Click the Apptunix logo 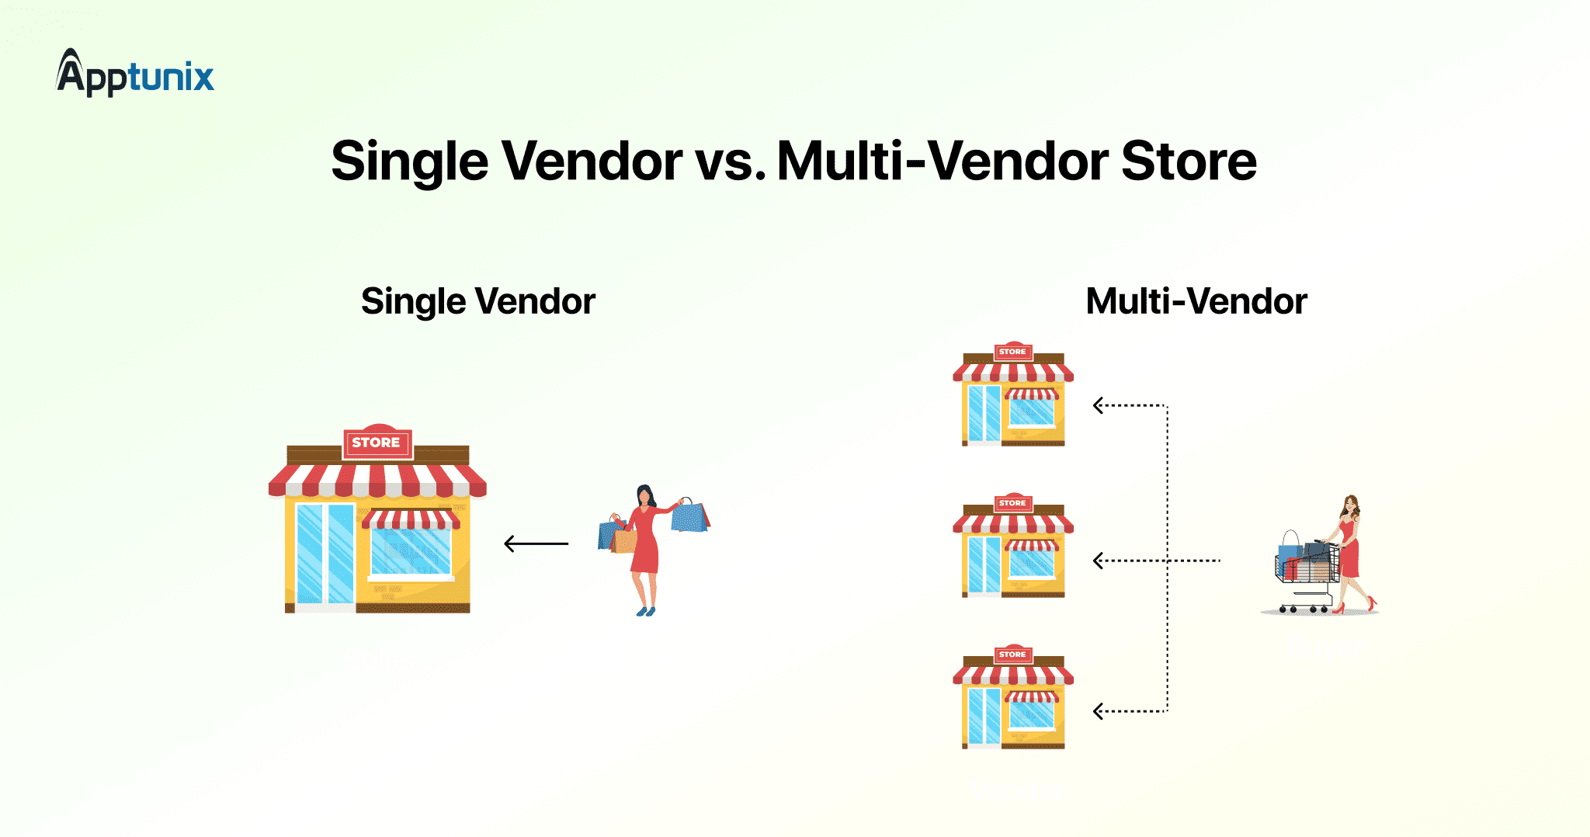point(135,73)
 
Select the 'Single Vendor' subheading point(478,301)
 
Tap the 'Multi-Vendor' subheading point(1196,301)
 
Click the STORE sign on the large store point(377,443)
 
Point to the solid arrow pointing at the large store point(536,544)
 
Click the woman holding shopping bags point(653,550)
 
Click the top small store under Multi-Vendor point(1013,394)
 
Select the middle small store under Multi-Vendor point(1013,545)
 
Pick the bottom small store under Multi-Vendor point(1013,696)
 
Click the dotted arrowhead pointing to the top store point(1098,405)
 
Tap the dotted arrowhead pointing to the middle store point(1098,561)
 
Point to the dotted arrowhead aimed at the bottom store point(1098,711)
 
